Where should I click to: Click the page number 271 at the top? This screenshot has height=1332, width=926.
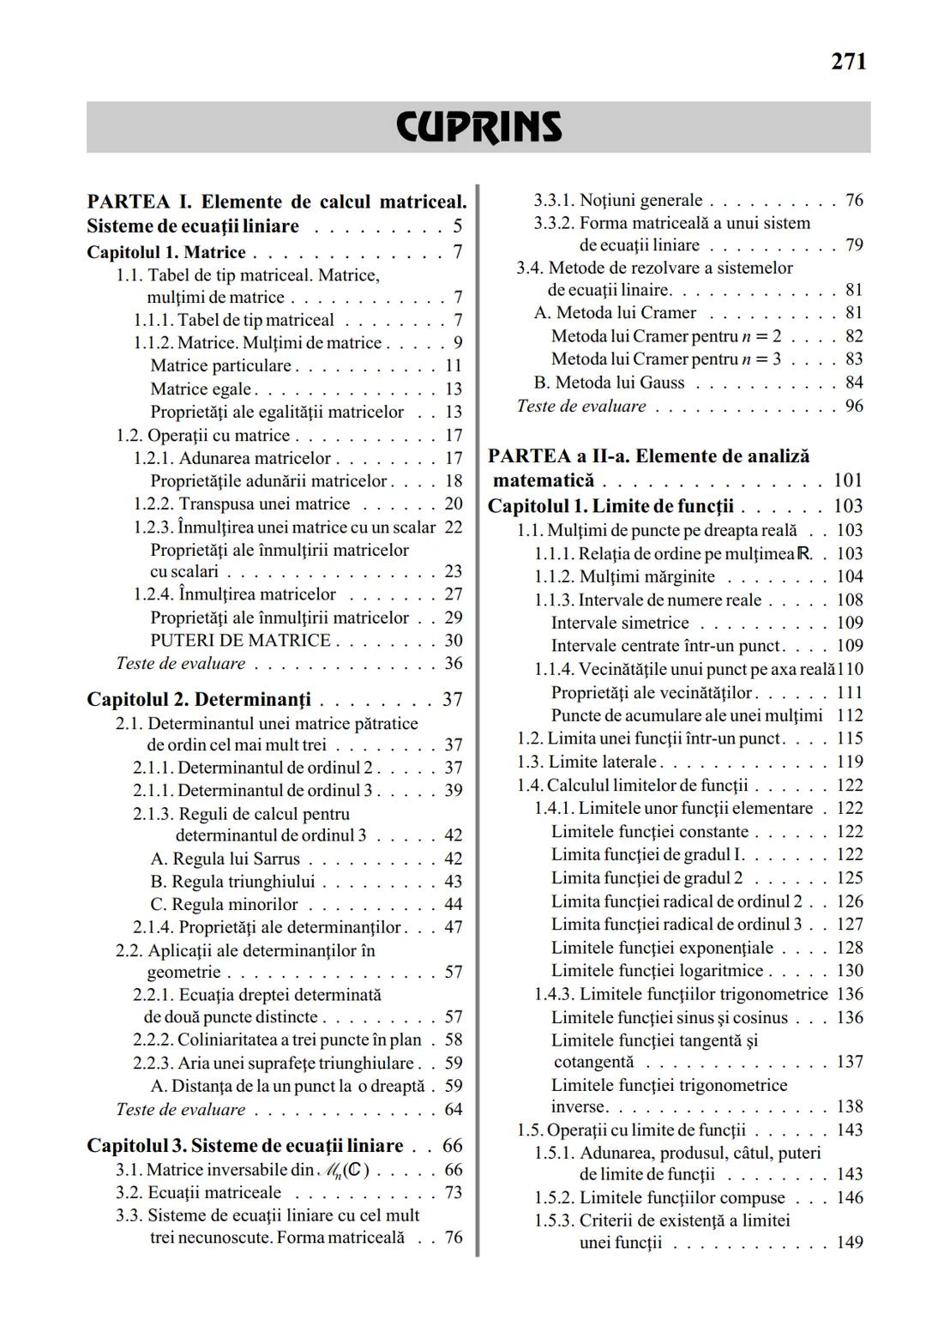pyautogui.click(x=848, y=62)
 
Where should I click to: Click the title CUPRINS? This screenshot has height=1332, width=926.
pyautogui.click(x=478, y=127)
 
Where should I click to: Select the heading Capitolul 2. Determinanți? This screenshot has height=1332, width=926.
pyautogui.click(x=199, y=699)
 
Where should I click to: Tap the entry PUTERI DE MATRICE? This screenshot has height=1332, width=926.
pyautogui.click(x=240, y=641)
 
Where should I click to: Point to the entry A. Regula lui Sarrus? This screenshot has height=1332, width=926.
pyautogui.click(x=225, y=859)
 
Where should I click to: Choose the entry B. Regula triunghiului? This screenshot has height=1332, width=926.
pyautogui.click(x=232, y=882)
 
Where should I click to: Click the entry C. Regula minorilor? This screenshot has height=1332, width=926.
pyautogui.click(x=224, y=905)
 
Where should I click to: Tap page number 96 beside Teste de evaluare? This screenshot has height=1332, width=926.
pyautogui.click(x=853, y=406)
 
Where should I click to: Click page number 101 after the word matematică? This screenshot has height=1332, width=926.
pyautogui.click(x=848, y=480)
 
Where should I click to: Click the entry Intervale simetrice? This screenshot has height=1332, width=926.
pyautogui.click(x=620, y=623)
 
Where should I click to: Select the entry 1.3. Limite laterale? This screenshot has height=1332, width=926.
pyautogui.click(x=586, y=762)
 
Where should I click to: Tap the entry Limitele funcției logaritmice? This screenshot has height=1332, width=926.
pyautogui.click(x=657, y=971)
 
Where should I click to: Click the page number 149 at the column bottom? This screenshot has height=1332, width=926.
pyautogui.click(x=849, y=1242)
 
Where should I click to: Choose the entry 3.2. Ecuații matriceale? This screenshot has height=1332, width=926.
pyautogui.click(x=198, y=1193)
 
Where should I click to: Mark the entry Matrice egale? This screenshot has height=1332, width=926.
pyautogui.click(x=201, y=389)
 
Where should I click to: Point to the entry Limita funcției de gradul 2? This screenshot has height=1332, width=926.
pyautogui.click(x=646, y=878)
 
